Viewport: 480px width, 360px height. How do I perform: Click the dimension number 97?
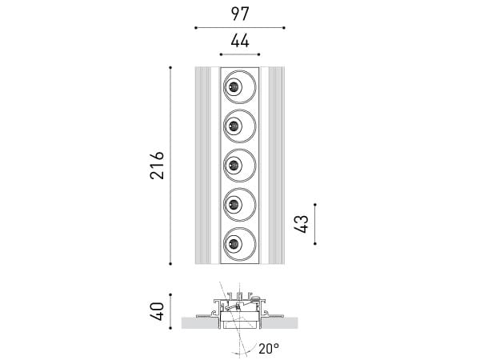240,14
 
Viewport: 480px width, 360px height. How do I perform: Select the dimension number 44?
240,41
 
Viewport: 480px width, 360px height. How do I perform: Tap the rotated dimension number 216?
157,165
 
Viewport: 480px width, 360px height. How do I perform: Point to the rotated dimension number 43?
302,223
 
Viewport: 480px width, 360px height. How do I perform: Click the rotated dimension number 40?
157,310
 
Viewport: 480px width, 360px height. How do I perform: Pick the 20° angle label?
268,348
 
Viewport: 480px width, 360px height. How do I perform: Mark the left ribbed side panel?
202,165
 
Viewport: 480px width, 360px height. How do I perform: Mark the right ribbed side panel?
276,165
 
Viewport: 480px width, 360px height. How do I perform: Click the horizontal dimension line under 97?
240,27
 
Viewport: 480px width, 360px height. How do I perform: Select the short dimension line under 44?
240,54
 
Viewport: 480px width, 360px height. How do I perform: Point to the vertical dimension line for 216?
171,165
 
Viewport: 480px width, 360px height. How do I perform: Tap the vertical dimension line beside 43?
316,223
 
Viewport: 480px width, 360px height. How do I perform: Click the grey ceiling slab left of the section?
197,323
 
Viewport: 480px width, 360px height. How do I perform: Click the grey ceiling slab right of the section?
283,323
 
